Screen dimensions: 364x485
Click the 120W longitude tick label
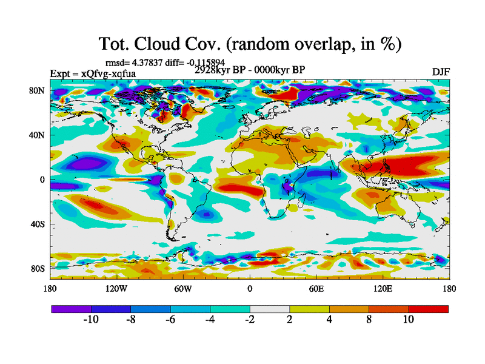tap(116, 289)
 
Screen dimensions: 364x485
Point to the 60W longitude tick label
tap(183, 289)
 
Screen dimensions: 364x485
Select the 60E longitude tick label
tap(316, 289)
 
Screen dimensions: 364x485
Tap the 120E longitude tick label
tap(383, 289)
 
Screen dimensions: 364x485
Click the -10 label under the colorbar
tap(90, 320)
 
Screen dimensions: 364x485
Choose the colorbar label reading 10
tap(409, 320)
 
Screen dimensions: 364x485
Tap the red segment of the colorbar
tap(429, 309)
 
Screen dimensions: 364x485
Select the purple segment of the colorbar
tap(71, 309)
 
